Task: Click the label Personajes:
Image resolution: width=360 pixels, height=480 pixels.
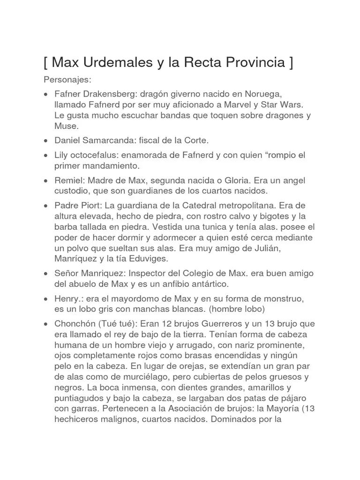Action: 67,80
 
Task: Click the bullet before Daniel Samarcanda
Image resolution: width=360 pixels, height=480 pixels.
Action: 45,141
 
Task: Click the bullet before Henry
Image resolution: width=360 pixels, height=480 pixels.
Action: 45,299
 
